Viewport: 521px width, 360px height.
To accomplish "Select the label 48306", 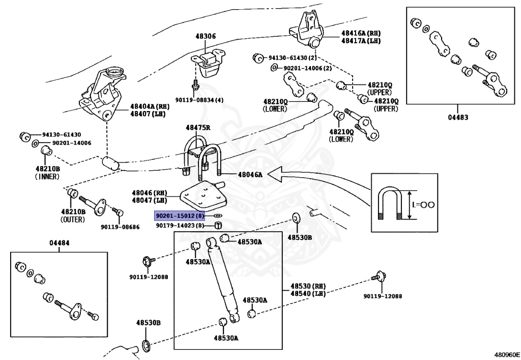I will coord(206,36).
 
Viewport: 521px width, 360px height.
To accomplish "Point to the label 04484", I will coord(60,243).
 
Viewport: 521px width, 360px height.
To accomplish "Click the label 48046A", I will coord(250,175).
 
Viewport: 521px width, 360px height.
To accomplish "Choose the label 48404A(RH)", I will coord(149,106).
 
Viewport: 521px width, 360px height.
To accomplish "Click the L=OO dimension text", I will coord(423,205).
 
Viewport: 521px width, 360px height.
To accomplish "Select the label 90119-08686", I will coord(120,227).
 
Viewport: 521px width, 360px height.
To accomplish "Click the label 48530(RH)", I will coord(308,287).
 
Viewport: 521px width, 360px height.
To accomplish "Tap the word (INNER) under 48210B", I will coord(47,177).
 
